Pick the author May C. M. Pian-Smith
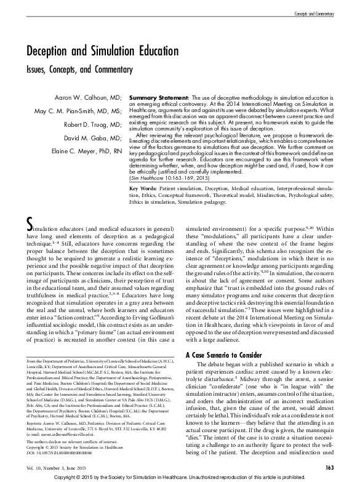(x=79, y=111)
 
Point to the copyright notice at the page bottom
(x=180, y=477)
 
